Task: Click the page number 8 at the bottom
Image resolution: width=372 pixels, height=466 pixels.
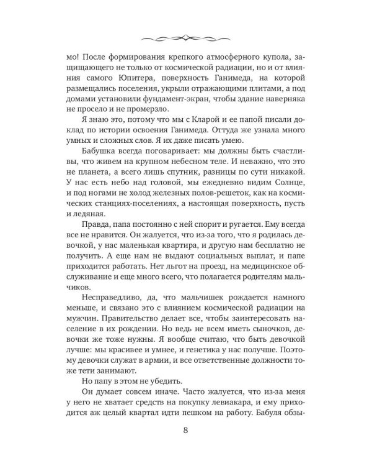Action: [186, 430]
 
